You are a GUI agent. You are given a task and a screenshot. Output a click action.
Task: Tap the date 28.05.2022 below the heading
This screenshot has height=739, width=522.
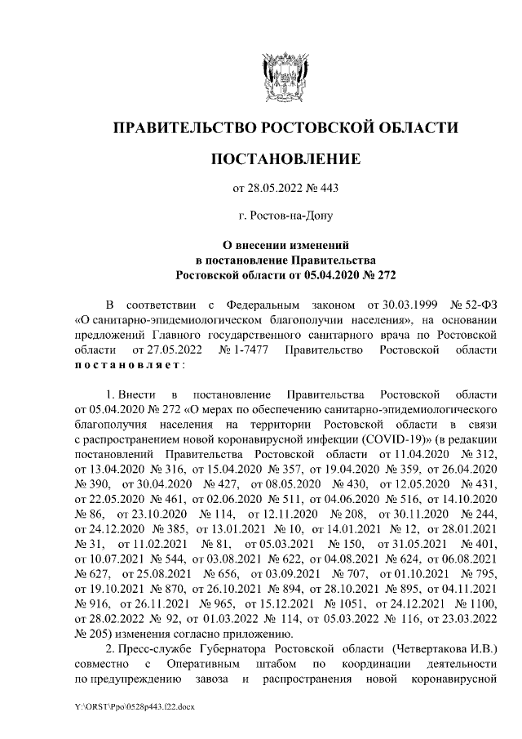click(x=275, y=189)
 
